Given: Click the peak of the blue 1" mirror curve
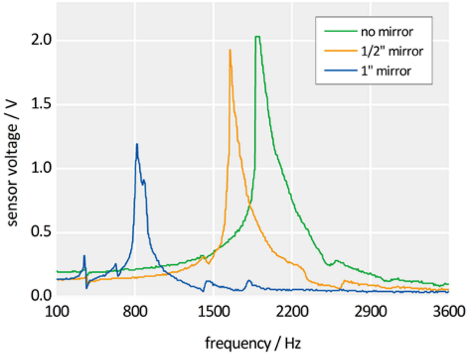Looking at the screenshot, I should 137,144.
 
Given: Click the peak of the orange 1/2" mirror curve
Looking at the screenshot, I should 230,50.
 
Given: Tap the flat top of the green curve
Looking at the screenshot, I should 257,37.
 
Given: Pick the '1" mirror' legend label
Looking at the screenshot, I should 386,71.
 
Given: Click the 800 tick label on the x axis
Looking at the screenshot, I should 135,312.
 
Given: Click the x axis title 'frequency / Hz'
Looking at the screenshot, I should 253,342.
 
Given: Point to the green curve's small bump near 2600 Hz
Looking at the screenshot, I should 336,261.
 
